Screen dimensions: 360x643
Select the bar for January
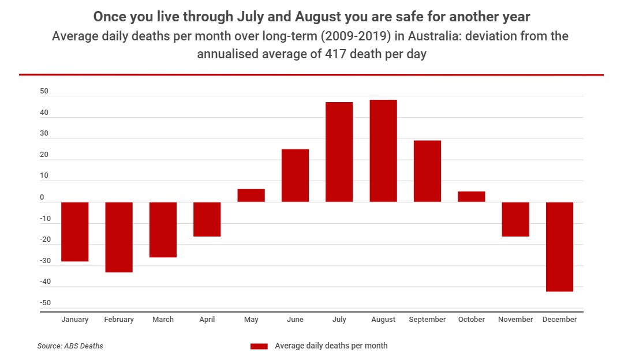tap(74, 231)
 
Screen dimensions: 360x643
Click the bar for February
tap(119, 237)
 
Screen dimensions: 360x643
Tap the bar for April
tap(207, 219)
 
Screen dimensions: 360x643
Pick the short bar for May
tap(251, 196)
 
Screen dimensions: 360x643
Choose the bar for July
tap(339, 152)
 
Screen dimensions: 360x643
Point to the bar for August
tap(383, 151)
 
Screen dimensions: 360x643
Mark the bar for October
tap(471, 197)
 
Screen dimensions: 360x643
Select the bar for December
tap(559, 246)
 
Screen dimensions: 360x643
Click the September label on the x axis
tap(427, 320)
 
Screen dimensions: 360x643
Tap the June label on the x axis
tap(295, 320)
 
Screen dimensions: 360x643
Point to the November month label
tap(515, 320)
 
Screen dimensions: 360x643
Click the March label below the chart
tap(163, 320)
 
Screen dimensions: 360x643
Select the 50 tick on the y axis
tap(44, 92)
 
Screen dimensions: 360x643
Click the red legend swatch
tap(259, 346)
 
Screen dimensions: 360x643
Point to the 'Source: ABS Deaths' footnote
tap(70, 346)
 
